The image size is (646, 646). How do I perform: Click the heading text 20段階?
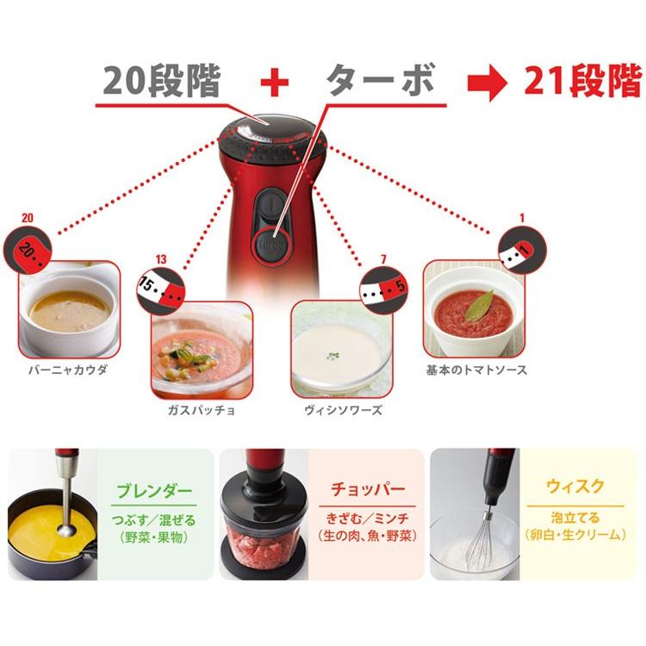click(163, 82)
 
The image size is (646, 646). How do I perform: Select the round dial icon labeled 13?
click(159, 288)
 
